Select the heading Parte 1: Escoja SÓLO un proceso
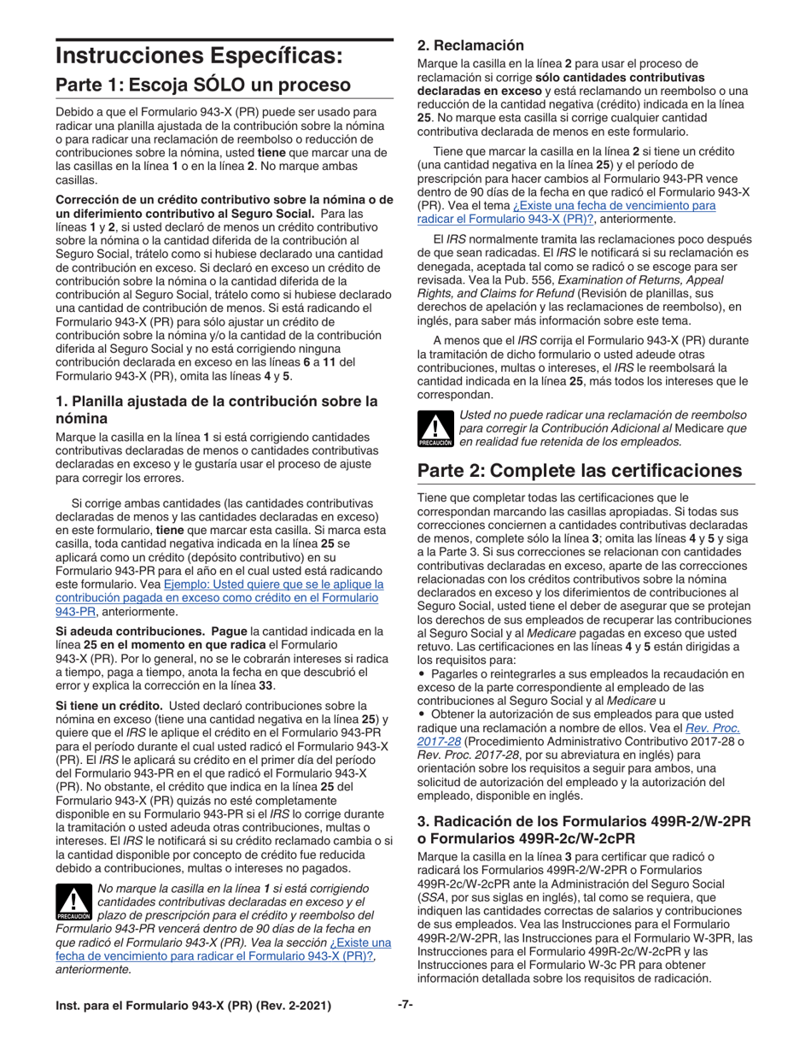click(203, 85)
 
